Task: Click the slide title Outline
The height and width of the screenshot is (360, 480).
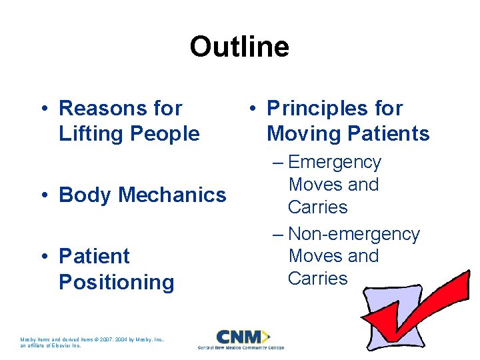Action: (x=239, y=47)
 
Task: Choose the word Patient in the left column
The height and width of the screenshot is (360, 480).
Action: (x=94, y=256)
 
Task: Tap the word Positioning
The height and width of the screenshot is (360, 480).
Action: (x=116, y=282)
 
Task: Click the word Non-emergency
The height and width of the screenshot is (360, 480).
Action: (x=354, y=234)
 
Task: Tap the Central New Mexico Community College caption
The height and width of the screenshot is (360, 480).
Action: (x=241, y=347)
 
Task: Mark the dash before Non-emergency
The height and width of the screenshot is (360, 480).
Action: (x=278, y=235)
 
